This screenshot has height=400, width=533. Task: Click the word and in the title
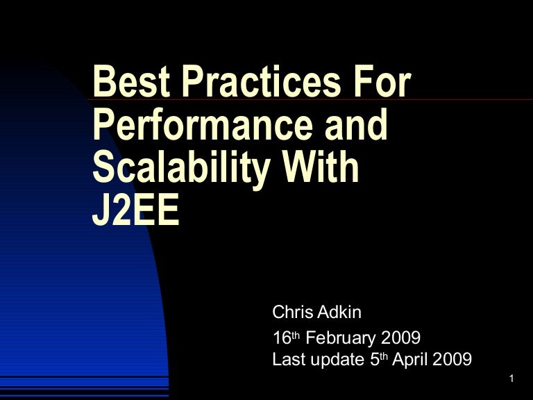pos(348,126)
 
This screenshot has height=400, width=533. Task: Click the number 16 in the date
pos(280,339)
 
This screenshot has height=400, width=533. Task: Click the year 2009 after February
pos(400,339)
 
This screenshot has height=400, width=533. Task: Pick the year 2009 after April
pos(455,360)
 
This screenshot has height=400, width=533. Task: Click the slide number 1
pos(511,378)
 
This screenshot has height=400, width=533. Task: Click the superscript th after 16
pos(295,335)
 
